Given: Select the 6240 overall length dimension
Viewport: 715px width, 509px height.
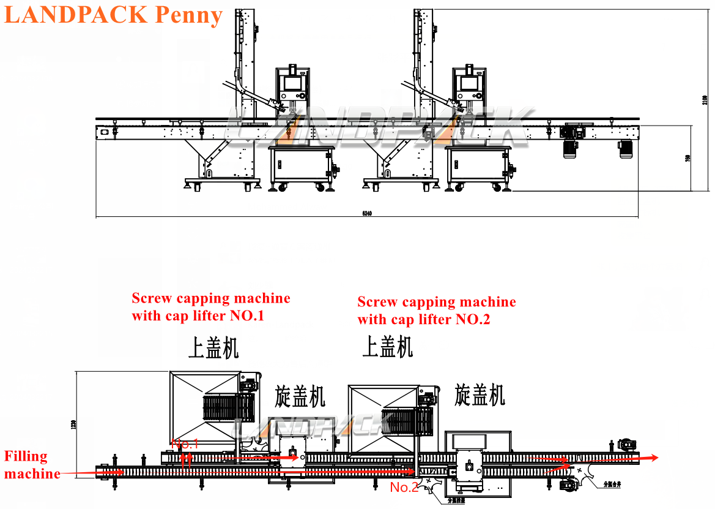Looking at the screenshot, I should pos(367,214).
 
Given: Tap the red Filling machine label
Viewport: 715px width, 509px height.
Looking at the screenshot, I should pos(31,465).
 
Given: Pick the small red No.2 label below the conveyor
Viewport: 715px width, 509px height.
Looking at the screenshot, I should pos(404,488).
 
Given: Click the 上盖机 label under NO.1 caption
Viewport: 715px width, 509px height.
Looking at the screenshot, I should pos(213,348).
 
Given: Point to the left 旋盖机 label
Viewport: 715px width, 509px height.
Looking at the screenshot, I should pos(300,396).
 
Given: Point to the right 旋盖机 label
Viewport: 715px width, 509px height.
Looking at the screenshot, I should pos(480,394).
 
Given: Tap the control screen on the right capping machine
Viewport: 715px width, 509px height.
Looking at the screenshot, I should pos(470,83).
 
